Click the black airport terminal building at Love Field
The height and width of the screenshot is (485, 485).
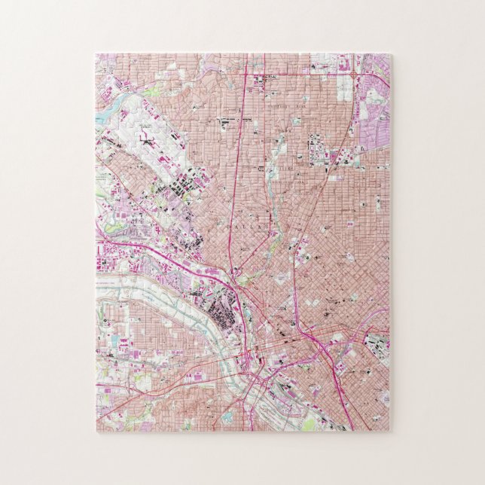145,139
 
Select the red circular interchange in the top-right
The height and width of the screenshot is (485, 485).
352,75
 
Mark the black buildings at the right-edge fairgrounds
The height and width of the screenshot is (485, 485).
375,343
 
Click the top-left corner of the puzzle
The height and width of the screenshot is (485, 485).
96,54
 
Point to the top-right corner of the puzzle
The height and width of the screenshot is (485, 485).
389,54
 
